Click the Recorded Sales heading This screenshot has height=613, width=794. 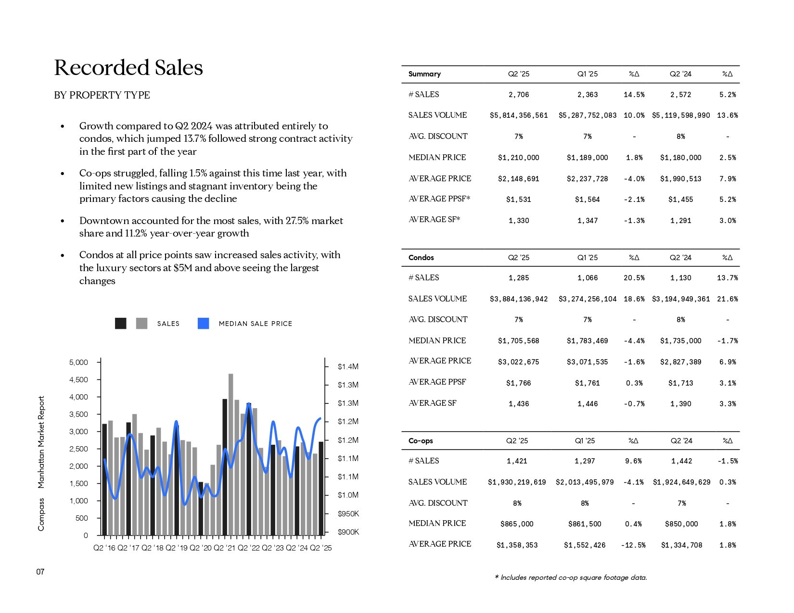(128, 68)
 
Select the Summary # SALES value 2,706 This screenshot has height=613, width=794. (518, 95)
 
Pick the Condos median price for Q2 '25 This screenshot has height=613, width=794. (518, 341)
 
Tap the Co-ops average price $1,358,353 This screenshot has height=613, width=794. (517, 545)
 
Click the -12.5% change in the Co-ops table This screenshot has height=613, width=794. (633, 545)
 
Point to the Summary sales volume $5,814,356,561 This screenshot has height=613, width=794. (519, 115)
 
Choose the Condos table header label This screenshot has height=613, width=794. (421, 257)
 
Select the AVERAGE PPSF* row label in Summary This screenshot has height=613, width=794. (439, 199)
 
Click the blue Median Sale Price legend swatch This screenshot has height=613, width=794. (203, 324)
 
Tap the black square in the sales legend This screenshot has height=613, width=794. (121, 324)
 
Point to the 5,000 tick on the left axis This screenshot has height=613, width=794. (78, 362)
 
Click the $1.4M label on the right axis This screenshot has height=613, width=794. (348, 366)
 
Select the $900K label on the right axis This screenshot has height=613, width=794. (348, 532)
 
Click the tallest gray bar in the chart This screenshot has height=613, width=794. (231, 454)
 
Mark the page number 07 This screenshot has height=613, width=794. (40, 572)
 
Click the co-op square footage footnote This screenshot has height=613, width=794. (571, 577)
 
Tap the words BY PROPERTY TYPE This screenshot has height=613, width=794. (102, 95)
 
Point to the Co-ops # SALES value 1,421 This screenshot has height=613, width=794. (517, 461)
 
